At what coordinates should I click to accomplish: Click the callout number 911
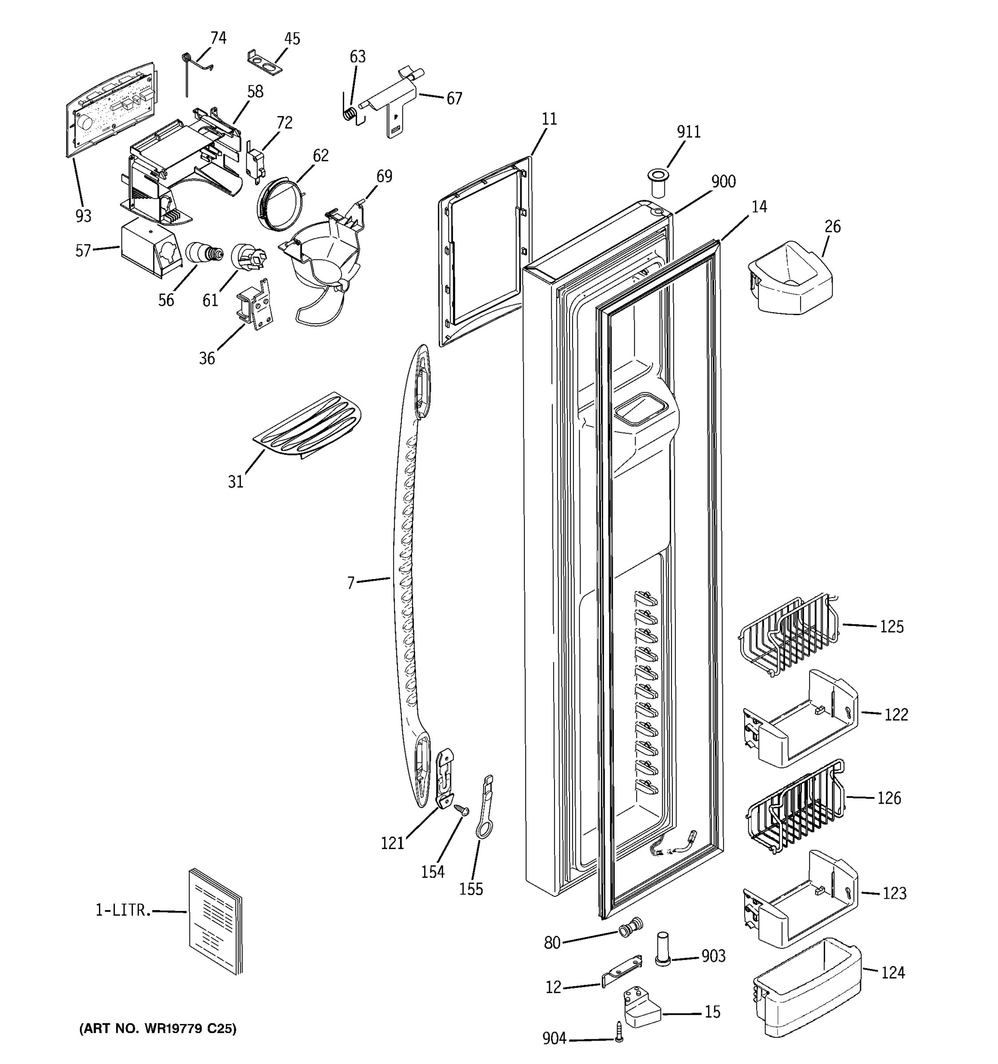point(688,132)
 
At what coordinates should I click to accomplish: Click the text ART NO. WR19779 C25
point(157,1029)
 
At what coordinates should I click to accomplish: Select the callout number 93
point(83,216)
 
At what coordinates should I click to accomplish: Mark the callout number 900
point(723,182)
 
